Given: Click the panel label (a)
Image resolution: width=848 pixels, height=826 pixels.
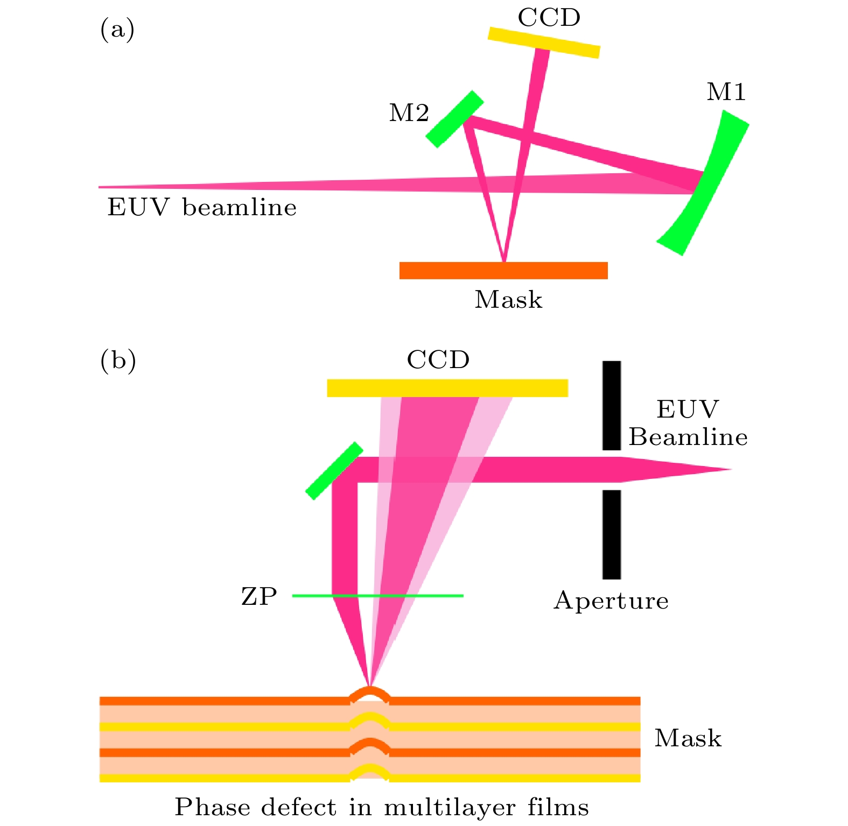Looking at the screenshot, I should [x=117, y=30].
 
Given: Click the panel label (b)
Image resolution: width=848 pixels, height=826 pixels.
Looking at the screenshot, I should [x=118, y=361].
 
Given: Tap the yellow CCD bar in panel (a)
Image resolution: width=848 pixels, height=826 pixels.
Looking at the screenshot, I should [x=543, y=43].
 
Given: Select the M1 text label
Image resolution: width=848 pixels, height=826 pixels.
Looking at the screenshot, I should [x=726, y=93].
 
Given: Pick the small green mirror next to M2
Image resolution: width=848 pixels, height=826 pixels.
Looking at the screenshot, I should [x=454, y=119].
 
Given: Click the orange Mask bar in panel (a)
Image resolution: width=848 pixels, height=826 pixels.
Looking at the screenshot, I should [x=503, y=271].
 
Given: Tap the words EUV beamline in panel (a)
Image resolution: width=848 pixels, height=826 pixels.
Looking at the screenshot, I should [x=202, y=208].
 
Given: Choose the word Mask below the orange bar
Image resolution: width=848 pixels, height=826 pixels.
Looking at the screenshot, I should [x=508, y=300].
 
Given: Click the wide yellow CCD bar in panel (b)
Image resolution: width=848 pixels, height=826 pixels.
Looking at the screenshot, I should [x=447, y=388].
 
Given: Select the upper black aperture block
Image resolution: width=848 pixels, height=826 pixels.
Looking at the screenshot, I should [x=612, y=405].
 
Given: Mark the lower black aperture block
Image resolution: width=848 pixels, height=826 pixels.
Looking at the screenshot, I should [x=612, y=534].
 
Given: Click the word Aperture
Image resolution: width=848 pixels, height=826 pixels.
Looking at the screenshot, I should [x=611, y=601].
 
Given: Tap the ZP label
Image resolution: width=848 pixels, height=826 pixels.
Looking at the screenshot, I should [x=259, y=596].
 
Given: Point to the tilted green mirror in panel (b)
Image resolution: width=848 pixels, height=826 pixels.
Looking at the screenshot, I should [x=334, y=471].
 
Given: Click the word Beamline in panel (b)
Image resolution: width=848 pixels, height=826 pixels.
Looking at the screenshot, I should [x=688, y=437].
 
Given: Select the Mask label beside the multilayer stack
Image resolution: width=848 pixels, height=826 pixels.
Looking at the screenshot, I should [x=688, y=738].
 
